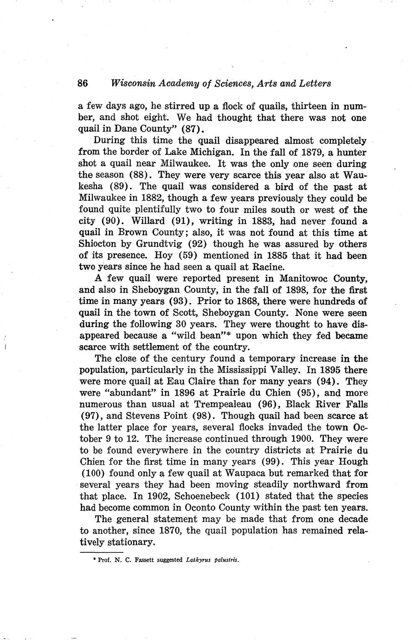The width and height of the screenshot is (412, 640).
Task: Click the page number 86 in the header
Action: point(83,83)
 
